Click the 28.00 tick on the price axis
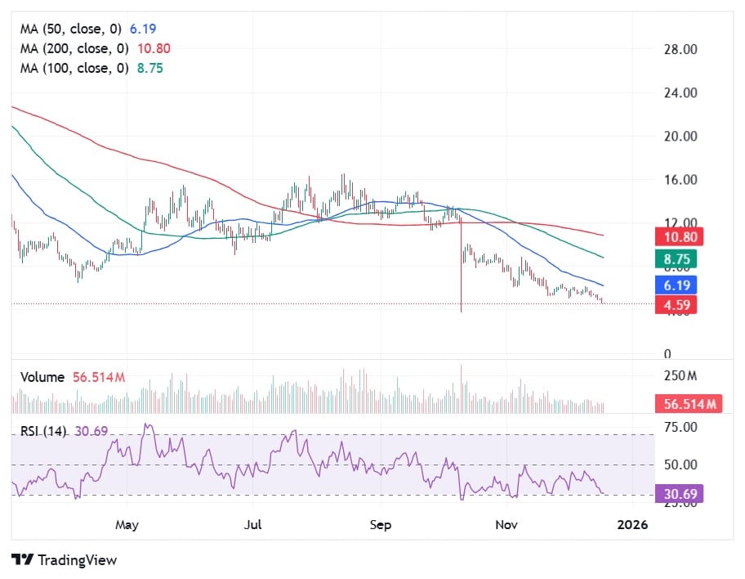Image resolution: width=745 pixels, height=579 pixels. (680, 49)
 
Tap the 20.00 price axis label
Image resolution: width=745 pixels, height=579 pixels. (680, 136)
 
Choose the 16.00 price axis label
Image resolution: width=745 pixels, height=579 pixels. (680, 180)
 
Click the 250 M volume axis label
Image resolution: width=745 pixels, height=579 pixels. (680, 376)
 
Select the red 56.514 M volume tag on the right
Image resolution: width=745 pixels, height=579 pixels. (688, 404)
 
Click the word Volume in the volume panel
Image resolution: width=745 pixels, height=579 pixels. (42, 377)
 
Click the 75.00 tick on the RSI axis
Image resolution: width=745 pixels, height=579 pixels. (680, 427)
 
